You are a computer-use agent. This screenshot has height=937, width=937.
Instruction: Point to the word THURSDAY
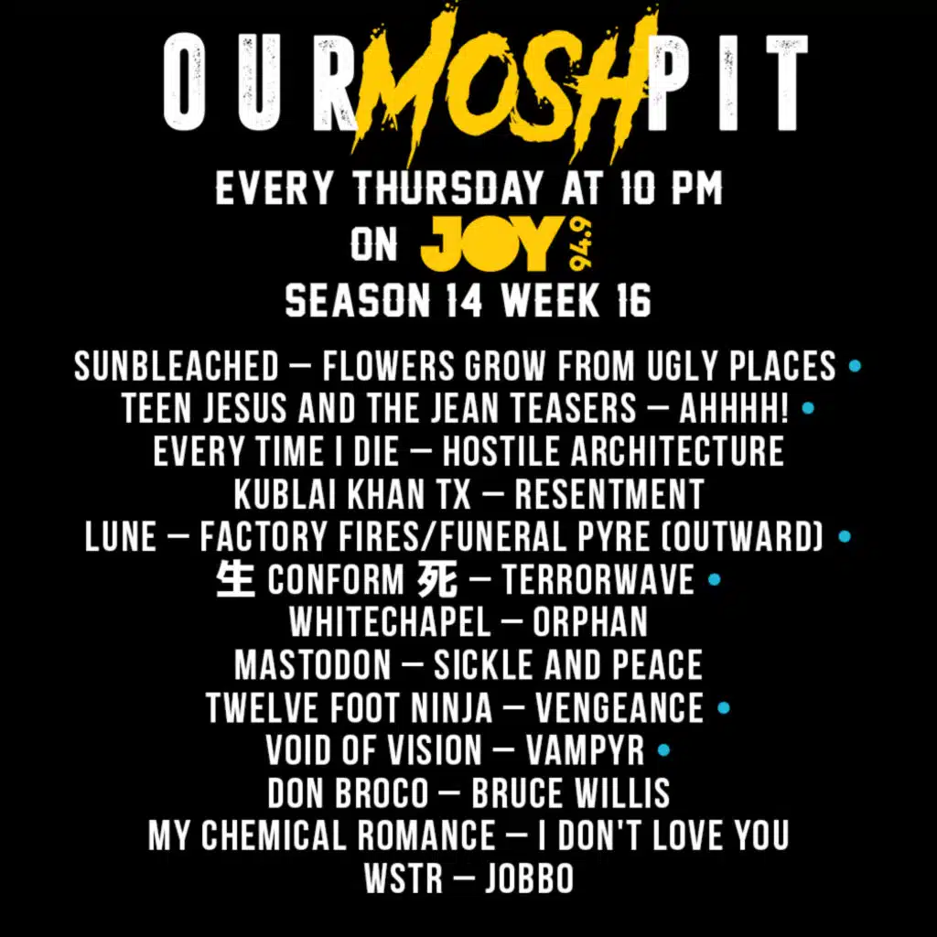click(x=447, y=188)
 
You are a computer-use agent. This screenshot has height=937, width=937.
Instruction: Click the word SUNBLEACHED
click(x=177, y=366)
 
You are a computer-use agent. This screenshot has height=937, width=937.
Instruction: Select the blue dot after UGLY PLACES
click(x=856, y=366)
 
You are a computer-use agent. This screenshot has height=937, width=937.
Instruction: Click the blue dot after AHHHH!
click(x=808, y=408)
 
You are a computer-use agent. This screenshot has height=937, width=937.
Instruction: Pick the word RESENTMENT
click(x=609, y=493)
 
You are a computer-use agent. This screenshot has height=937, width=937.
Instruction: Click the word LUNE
click(x=120, y=536)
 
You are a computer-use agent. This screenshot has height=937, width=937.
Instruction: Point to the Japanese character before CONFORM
click(x=235, y=579)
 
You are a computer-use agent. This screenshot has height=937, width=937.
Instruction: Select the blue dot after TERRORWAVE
click(x=714, y=579)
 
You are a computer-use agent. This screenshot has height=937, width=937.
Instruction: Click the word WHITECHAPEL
click(x=390, y=621)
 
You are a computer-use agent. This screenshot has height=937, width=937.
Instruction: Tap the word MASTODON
click(x=313, y=664)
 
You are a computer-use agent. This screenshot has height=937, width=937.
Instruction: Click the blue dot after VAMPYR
click(x=663, y=750)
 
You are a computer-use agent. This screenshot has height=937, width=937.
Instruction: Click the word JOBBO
click(x=530, y=878)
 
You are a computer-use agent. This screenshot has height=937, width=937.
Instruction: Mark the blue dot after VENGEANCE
click(x=724, y=707)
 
